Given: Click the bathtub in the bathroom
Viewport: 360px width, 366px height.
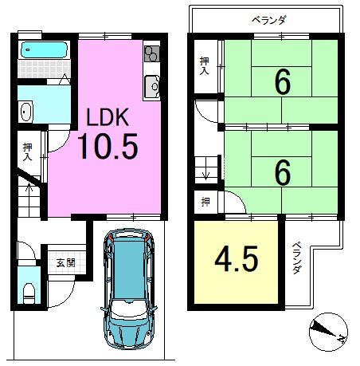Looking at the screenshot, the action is [x=44, y=49].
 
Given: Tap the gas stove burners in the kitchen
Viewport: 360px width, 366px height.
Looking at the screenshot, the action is [x=152, y=53].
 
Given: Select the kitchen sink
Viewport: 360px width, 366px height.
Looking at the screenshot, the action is [x=152, y=86].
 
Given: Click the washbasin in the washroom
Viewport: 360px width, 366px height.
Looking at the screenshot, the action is [x=25, y=112].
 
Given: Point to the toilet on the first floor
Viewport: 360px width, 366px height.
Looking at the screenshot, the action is [x=29, y=293].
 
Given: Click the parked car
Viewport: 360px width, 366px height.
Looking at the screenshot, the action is [x=129, y=289].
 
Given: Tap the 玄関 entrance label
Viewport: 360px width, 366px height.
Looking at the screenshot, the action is [x=66, y=263].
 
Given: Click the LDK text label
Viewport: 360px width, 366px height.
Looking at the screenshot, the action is [x=108, y=117].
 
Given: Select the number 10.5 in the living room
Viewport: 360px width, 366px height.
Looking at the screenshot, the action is [x=108, y=146].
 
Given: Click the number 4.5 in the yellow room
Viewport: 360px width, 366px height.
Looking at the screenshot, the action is [x=237, y=258].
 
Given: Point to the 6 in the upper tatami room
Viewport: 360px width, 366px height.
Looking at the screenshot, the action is [x=283, y=82].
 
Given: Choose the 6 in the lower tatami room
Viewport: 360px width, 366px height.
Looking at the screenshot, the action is [x=283, y=172].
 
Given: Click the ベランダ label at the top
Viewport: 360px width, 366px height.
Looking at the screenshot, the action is [x=268, y=20].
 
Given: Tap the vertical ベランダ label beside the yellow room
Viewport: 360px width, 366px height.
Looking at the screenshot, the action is [x=297, y=258].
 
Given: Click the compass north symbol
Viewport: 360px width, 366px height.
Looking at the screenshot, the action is [x=328, y=332].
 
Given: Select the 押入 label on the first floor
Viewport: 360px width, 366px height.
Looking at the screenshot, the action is [x=27, y=152].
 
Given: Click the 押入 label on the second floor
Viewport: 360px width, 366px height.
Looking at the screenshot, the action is [x=204, y=65].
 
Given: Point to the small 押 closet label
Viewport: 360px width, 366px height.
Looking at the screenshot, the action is [x=205, y=203].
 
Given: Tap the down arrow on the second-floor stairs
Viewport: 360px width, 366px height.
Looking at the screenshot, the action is [x=206, y=173].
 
